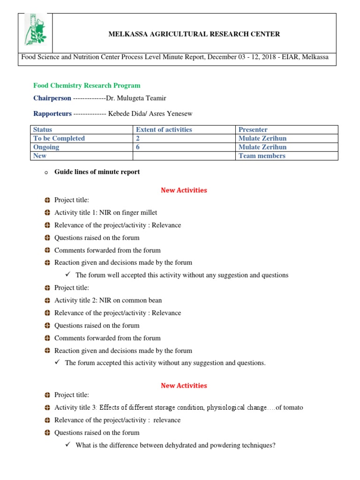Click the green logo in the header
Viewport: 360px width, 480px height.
coord(35,33)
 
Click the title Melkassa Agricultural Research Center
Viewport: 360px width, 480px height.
coord(194,34)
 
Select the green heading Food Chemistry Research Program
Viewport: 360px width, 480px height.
coord(87,85)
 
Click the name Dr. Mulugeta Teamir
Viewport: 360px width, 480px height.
coord(136,98)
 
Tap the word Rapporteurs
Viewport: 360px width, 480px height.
coord(52,113)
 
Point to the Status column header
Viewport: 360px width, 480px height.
coord(43,129)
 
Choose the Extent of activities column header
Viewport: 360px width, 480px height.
coord(164,129)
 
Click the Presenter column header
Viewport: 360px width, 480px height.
coord(253,129)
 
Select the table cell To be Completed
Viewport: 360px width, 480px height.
coord(59,138)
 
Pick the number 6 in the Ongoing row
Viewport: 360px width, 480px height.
coord(138,147)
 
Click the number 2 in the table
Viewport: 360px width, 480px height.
coord(138,138)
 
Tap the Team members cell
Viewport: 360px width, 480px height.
coord(262,156)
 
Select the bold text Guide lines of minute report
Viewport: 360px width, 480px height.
coord(97,172)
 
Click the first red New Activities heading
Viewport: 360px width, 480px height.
coord(184,190)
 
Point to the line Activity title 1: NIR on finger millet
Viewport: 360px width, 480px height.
coord(105,212)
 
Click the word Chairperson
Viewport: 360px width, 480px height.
coord(52,98)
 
